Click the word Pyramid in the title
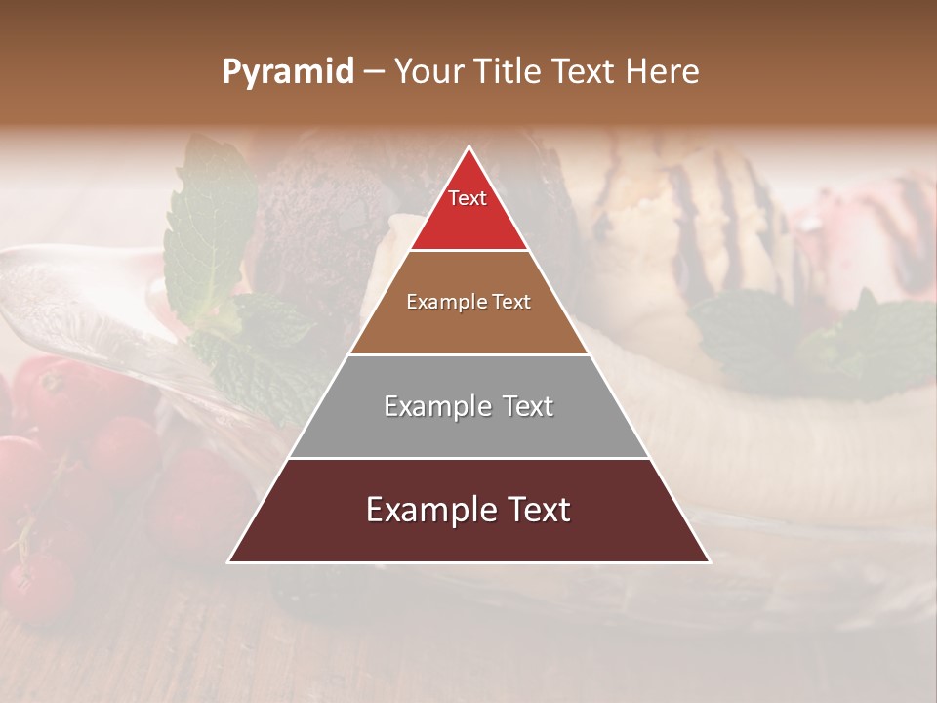pos(287,72)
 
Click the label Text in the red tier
pos(468,198)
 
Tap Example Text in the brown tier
pos(468,302)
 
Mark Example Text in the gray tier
pos(468,406)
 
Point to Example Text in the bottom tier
pos(468,510)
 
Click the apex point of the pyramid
pos(469,148)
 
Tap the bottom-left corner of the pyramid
pos(230,561)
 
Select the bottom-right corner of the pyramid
pos(709,561)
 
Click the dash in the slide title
pos(374,72)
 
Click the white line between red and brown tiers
pos(468,251)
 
